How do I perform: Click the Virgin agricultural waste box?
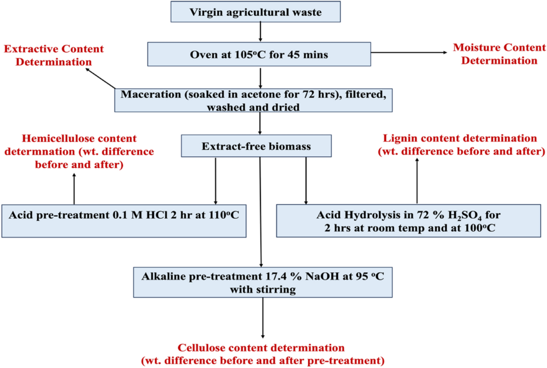click(259, 12)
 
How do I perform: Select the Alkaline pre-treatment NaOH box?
click(263, 282)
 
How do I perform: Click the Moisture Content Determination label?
click(499, 54)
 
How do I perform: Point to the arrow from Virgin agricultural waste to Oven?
click(259, 32)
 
